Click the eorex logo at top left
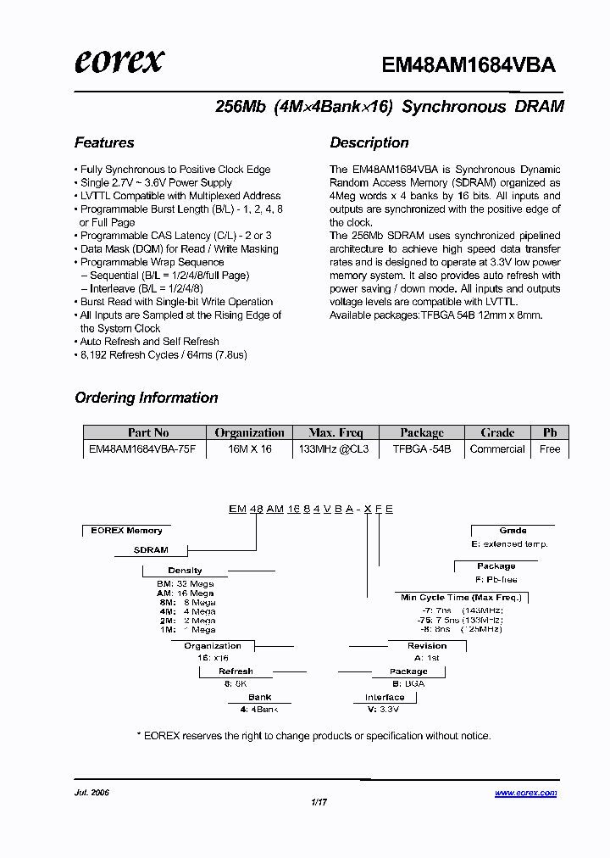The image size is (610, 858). pyautogui.click(x=119, y=61)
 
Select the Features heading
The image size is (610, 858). pyautogui.click(x=104, y=142)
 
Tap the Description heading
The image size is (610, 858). pyautogui.click(x=369, y=142)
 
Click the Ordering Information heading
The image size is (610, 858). pyautogui.click(x=147, y=398)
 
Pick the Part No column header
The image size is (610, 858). pyautogui.click(x=148, y=432)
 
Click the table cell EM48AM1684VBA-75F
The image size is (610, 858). pyautogui.click(x=142, y=449)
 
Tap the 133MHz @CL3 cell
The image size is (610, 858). pyautogui.click(x=334, y=449)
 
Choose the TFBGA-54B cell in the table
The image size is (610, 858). pyautogui.click(x=421, y=449)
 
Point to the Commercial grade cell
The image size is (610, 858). pyautogui.click(x=497, y=449)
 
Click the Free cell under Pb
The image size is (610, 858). pyautogui.click(x=550, y=449)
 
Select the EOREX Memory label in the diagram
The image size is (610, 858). pyautogui.click(x=126, y=531)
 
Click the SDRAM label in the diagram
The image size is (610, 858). pyautogui.click(x=151, y=549)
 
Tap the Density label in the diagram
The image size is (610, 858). pyautogui.click(x=185, y=571)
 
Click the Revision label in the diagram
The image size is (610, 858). pyautogui.click(x=427, y=645)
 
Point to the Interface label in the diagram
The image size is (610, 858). pyautogui.click(x=385, y=697)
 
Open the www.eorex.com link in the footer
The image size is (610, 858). pyautogui.click(x=525, y=793)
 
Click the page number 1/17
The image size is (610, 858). pyautogui.click(x=319, y=803)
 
